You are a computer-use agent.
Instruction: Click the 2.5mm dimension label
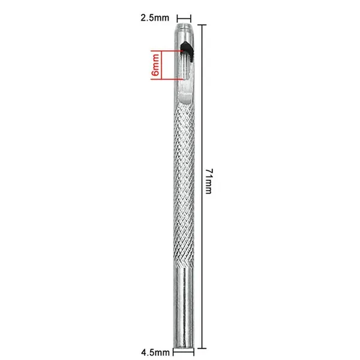coord(155,18)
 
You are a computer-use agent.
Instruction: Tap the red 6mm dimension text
coord(155,65)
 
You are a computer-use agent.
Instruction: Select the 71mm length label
coord(209,181)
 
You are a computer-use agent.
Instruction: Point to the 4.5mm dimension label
coord(155,352)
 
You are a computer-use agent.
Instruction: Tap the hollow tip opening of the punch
coord(184,25)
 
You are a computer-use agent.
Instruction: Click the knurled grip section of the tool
coord(184,184)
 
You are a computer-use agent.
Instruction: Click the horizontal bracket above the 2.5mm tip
coord(184,19)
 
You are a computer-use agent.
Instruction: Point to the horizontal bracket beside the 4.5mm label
coord(184,352)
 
